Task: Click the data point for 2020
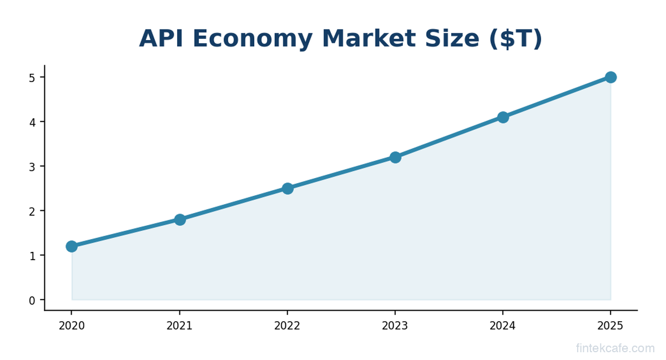pyautogui.click(x=72, y=246)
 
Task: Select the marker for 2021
pyautogui.click(x=180, y=220)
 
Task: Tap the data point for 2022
pyautogui.click(x=287, y=189)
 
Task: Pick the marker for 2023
pyautogui.click(x=395, y=158)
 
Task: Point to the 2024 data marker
pyautogui.click(x=503, y=117)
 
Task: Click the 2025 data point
pyautogui.click(x=610, y=77)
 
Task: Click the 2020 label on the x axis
pyautogui.click(x=72, y=326)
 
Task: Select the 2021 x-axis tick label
pyautogui.click(x=180, y=326)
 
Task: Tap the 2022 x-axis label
pyautogui.click(x=287, y=326)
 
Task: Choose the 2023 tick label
pyautogui.click(x=395, y=326)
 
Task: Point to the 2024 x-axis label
pyautogui.click(x=503, y=326)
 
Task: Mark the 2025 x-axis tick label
pyautogui.click(x=610, y=326)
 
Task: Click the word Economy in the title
pyautogui.click(x=252, y=39)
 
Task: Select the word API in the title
pyautogui.click(x=160, y=39)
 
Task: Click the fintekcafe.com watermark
pyautogui.click(x=615, y=348)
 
